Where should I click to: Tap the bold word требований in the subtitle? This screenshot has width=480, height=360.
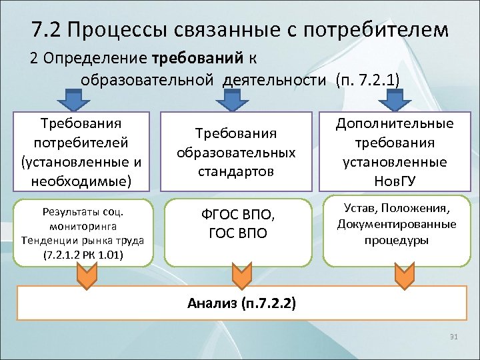(200, 57)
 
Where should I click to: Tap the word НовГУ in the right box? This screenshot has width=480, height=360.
(395, 181)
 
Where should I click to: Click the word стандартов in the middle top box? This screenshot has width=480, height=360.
(236, 171)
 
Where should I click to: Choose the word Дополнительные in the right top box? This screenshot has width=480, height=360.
(395, 123)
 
